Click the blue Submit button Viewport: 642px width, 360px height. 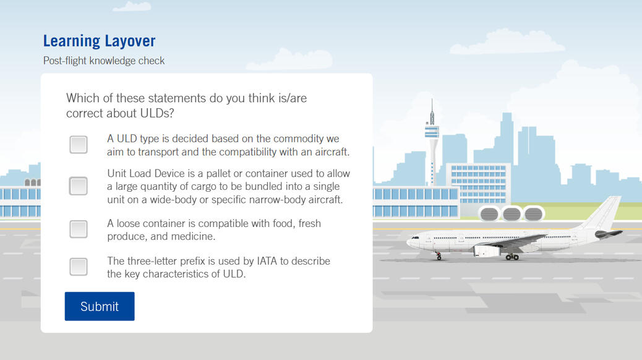point(100,306)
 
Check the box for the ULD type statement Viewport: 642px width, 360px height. point(78,145)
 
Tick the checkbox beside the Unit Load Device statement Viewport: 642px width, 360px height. point(78,186)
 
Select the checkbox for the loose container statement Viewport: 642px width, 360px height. point(78,229)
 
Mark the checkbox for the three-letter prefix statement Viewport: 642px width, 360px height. point(78,267)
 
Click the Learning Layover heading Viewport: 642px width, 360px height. point(100,41)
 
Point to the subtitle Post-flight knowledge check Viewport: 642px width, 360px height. point(104,61)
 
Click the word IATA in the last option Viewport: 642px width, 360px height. point(267,261)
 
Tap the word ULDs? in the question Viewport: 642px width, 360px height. point(157,113)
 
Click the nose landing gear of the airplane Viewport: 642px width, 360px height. point(439,256)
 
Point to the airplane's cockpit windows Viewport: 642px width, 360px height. point(415,238)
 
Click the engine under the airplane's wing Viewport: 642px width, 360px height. point(486,251)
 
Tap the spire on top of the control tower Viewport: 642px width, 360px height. point(432,111)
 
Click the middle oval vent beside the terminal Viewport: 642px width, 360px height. point(511,214)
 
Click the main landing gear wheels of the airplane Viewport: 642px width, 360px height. point(512,257)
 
